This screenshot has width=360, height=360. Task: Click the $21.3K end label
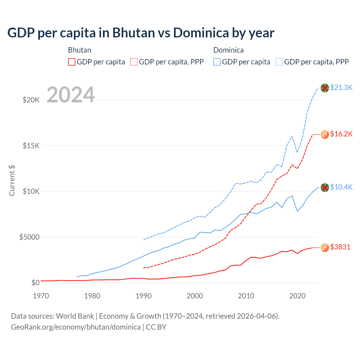341,87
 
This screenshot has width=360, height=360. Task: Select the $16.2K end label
341,134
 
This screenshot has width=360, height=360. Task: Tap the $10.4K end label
341,187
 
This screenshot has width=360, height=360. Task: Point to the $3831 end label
340,247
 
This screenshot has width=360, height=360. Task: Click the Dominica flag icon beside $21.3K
325,88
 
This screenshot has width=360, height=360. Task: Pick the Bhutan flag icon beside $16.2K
325,134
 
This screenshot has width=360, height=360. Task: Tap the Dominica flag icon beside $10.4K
325,188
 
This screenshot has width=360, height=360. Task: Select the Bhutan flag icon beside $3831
325,247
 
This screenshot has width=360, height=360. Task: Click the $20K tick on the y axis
31,100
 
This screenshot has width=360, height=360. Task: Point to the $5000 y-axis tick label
29,237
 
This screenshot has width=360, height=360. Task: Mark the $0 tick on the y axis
35,283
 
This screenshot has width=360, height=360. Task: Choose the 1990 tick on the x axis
143,296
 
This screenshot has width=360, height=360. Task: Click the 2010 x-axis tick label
246,296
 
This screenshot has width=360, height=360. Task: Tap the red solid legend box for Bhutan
72,62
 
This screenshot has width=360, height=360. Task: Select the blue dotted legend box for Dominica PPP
279,62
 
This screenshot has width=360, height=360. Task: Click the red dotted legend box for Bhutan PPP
134,62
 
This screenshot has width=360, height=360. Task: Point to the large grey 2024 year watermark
71,95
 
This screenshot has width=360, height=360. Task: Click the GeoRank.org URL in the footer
76,327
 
